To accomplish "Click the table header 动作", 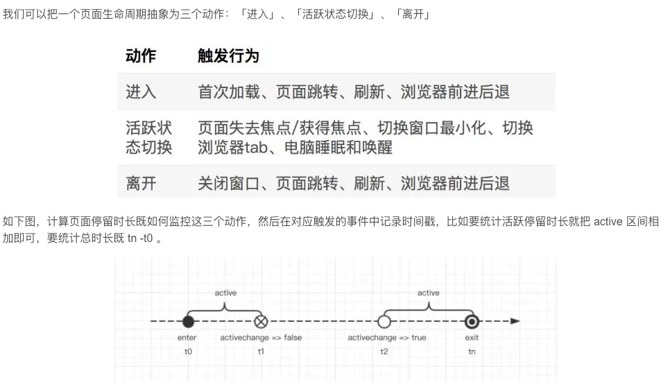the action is coord(141,56).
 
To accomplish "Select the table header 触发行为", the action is coord(228,56).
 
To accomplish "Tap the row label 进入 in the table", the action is coord(141,92).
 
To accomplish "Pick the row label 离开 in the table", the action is coord(141,183).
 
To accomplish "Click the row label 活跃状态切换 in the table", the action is coord(148,138).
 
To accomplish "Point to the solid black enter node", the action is coord(187,322).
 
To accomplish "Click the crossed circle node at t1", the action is coord(261,322).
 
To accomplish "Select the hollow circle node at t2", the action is coord(384,322).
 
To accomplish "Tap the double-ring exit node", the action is coord(472,322).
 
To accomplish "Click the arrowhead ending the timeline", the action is coord(515,322).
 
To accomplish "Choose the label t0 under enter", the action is coord(187,351).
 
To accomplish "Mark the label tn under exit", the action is coord(472,351).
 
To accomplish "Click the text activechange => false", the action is coord(261,338).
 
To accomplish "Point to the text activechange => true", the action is coord(387,338).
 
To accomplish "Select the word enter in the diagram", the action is coord(187,338).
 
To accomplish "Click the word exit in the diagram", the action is coord(472,338).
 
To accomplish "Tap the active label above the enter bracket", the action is coord(225,293).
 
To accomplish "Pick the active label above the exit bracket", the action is coord(428,293).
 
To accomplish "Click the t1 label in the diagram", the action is coord(261,351).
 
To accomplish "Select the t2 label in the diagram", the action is coord(384,351).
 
